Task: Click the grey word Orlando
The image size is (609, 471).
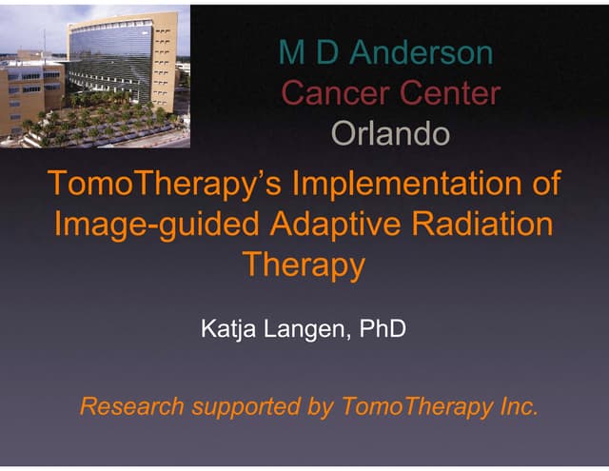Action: [388, 134]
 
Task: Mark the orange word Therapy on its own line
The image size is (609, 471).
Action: [304, 265]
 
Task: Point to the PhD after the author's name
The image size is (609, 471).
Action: [385, 331]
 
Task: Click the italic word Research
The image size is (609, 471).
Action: [130, 408]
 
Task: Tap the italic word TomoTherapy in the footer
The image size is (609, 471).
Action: [414, 408]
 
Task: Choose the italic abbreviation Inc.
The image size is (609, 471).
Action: [515, 408]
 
